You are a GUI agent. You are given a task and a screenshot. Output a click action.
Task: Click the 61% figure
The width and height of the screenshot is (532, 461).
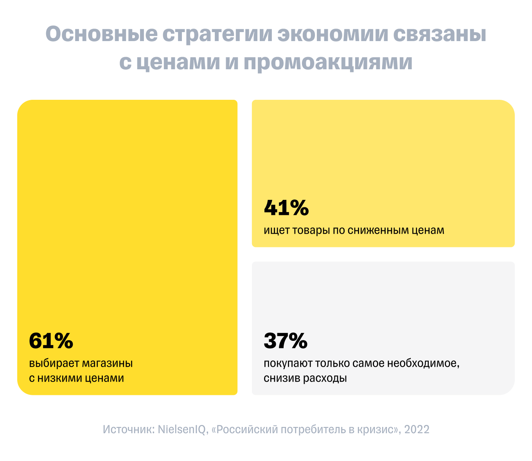[51, 341]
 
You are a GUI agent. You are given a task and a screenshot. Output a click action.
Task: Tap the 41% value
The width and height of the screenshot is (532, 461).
[286, 208]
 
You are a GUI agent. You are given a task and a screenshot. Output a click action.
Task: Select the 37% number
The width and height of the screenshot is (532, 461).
[286, 341]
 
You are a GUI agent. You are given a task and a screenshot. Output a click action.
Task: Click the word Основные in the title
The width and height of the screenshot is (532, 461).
[101, 35]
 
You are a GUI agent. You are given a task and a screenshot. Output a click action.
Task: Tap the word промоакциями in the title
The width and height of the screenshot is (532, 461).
[328, 63]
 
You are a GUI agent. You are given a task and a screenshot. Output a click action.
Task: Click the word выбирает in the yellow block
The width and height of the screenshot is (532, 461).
[54, 364]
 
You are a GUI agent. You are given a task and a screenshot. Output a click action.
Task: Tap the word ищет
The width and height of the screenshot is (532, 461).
[277, 230]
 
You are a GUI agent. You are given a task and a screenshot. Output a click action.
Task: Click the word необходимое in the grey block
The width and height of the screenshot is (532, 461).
[423, 364]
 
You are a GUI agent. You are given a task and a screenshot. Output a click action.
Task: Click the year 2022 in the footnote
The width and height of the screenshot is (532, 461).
[417, 429]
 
